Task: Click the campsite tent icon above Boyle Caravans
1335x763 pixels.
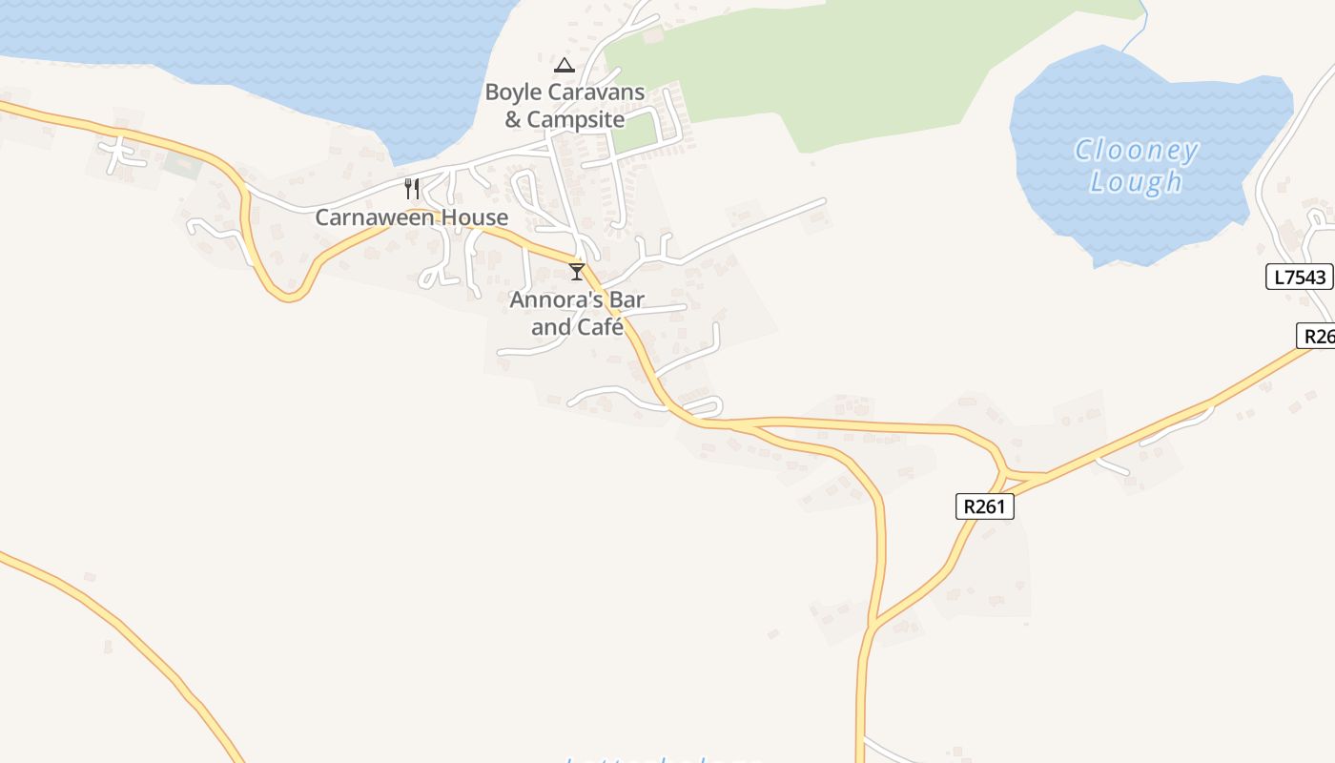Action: click(565, 66)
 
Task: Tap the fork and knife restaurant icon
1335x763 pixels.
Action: click(412, 188)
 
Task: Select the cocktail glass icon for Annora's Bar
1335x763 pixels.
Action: click(576, 272)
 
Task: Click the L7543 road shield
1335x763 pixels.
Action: click(1299, 278)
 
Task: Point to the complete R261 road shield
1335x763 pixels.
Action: click(984, 506)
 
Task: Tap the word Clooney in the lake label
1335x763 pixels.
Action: click(1136, 151)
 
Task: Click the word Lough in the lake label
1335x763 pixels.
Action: click(1136, 181)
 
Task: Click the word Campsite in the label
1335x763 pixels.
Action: click(576, 120)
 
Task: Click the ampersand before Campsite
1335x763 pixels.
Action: click(513, 120)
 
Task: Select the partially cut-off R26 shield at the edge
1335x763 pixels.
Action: click(1317, 336)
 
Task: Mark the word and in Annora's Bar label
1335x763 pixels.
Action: click(550, 327)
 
